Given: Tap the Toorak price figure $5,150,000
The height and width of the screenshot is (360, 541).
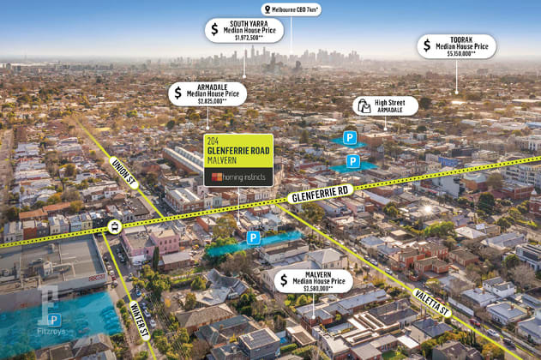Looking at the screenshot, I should (x=455, y=53).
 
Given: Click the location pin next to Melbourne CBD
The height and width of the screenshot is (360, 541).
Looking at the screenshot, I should (x=266, y=9).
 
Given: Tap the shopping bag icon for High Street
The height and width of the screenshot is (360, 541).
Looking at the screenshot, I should (x=364, y=105).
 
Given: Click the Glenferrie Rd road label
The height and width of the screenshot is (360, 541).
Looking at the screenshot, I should (x=321, y=195).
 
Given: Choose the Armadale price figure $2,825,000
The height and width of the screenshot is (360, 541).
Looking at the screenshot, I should (x=212, y=101).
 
